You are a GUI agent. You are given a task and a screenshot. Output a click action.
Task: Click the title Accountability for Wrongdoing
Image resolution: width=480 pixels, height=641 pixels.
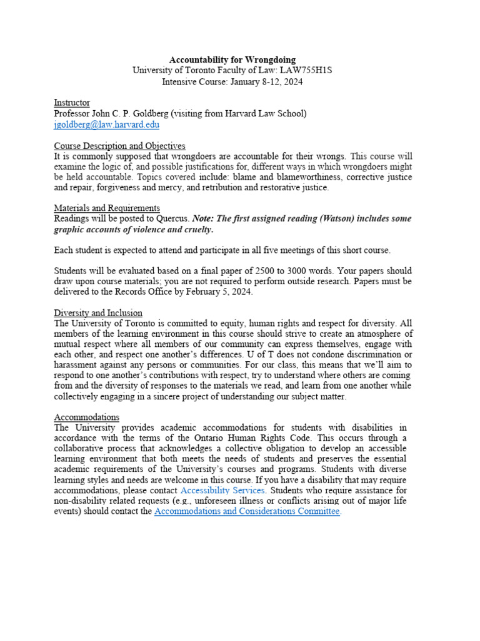click(x=232, y=59)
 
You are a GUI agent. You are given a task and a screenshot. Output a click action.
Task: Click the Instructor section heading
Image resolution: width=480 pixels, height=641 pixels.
click(x=72, y=103)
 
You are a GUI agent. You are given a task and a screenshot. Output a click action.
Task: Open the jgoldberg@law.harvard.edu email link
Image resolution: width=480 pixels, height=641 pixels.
click(x=106, y=125)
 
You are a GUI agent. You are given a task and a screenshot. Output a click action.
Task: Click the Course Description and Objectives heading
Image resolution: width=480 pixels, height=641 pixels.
click(x=119, y=146)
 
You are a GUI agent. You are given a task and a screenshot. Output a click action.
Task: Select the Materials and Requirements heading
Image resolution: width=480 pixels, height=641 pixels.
click(x=107, y=208)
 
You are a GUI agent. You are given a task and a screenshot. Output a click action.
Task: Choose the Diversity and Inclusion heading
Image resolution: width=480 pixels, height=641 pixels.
click(x=98, y=312)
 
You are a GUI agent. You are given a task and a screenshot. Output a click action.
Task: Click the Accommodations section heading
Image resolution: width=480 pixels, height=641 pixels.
click(x=86, y=417)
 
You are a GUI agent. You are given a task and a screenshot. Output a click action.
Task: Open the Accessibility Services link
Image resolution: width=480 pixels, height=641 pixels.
click(x=222, y=490)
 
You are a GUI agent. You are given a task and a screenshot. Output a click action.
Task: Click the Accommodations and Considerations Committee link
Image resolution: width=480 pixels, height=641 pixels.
click(x=247, y=511)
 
